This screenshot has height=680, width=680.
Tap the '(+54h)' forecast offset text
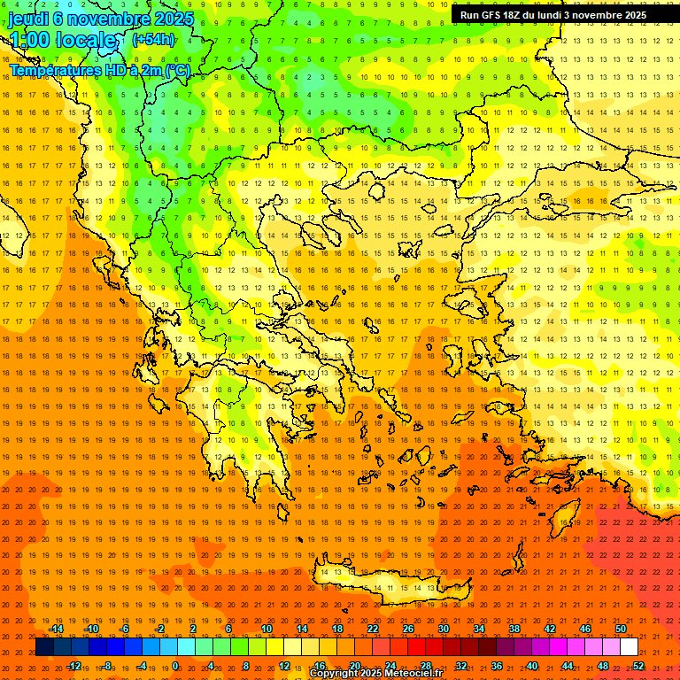(x=153, y=39)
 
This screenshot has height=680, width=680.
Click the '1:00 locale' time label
(x=62, y=40)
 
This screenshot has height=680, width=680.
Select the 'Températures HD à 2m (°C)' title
(x=100, y=70)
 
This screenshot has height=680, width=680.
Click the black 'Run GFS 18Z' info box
(x=553, y=15)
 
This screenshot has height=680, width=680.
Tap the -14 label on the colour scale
(x=56, y=629)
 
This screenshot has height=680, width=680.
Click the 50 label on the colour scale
(x=621, y=629)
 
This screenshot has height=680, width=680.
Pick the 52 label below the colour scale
(x=638, y=665)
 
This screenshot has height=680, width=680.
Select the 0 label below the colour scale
(x=175, y=665)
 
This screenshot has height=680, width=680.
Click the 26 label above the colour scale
(x=408, y=629)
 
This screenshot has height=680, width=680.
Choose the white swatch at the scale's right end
(x=630, y=647)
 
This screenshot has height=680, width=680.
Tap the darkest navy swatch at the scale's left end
(x=44, y=647)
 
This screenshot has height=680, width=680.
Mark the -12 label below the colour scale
(x=74, y=665)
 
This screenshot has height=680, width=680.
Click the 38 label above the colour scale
(x=514, y=629)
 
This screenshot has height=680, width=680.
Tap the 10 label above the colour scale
(x=267, y=629)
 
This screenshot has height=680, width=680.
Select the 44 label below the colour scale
(x=568, y=665)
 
